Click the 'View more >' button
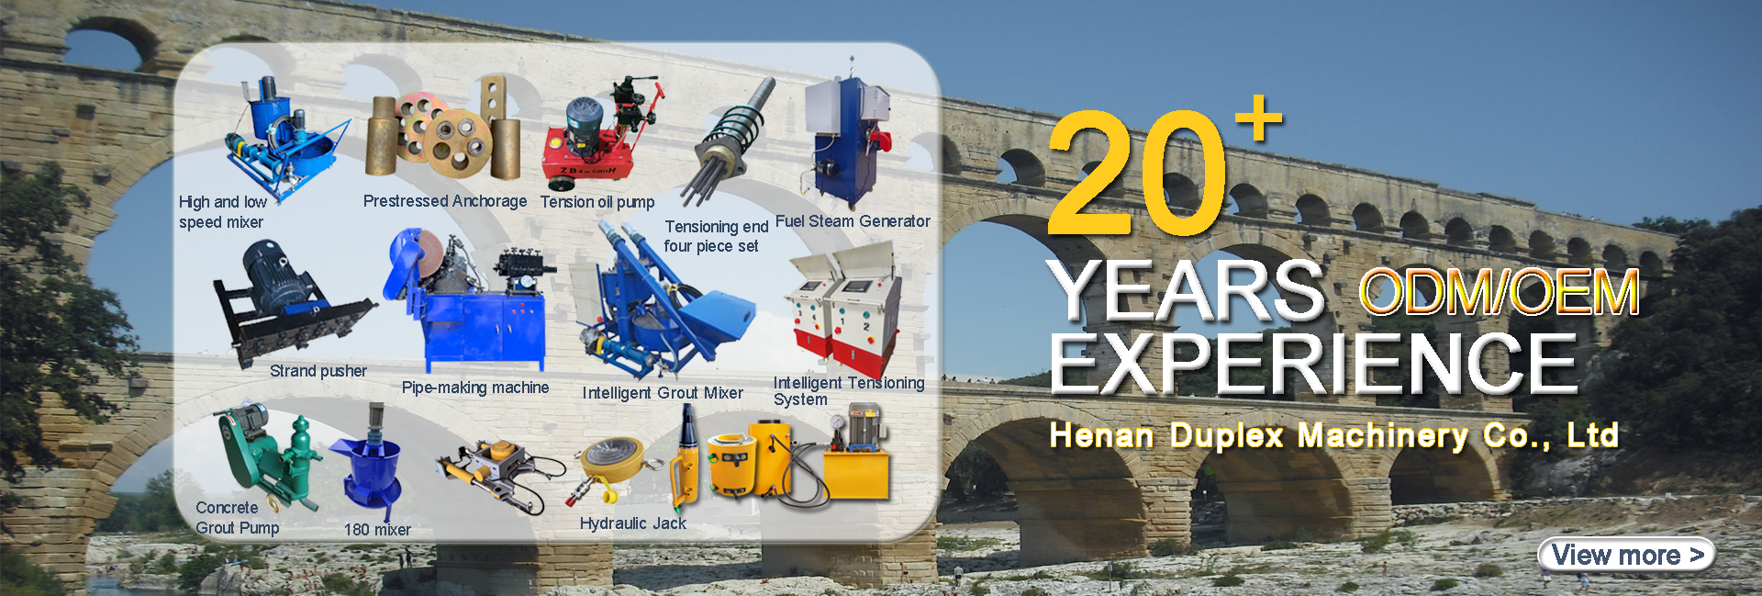1626,555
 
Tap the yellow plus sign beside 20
1258,118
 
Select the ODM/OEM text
1499,292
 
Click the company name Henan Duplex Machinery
1258,435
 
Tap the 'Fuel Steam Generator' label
853,221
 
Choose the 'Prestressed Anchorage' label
445,201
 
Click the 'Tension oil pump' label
597,202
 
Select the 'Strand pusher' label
318,371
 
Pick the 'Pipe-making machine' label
475,388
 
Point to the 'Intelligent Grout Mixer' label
663,393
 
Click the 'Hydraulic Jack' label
633,523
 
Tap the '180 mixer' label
377,530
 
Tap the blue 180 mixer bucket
370,468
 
